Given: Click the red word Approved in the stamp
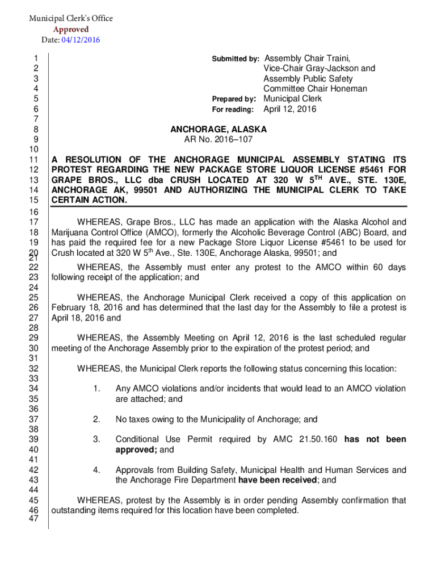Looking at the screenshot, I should point(71,29).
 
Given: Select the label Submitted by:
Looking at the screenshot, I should point(236,59).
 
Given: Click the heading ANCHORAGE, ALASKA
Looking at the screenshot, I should point(218,130).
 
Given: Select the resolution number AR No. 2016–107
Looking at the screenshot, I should point(218,140).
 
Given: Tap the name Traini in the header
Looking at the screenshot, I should point(336,58).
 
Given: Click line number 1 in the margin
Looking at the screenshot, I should point(36,58).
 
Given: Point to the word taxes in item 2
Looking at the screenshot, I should point(140,419).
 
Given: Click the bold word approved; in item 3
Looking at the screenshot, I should point(136,450).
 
